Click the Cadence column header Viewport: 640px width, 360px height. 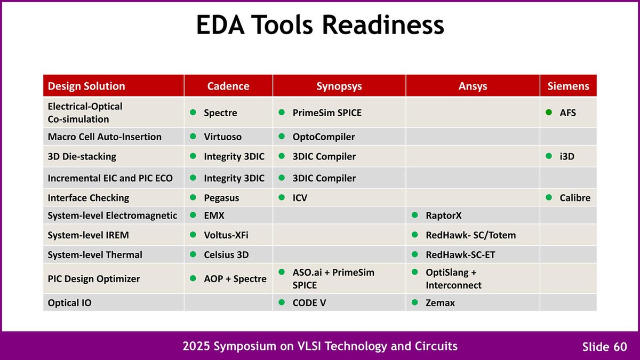pos(228,86)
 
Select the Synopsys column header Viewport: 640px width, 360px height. pos(339,86)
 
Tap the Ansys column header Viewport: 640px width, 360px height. pos(473,86)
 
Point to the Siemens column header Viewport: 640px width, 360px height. pos(568,86)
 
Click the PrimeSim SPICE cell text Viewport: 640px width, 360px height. pos(327,113)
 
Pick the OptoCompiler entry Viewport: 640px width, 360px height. pos(323,137)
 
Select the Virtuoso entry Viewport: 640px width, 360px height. pos(222,137)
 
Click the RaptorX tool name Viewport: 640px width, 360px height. pos(443,215)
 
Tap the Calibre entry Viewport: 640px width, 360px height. pos(575,198)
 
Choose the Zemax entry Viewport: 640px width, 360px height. pos(440,303)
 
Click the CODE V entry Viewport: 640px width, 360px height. pos(309,303)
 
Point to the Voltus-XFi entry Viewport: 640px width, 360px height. pos(226,235)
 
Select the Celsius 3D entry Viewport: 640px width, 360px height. pos(226,255)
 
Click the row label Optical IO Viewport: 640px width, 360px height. pos(69,303)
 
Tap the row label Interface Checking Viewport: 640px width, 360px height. pos(89,198)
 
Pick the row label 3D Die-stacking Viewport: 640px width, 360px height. pos(82,157)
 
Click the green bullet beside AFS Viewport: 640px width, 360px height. pos(549,113)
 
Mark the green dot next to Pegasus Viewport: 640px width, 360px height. pos(193,197)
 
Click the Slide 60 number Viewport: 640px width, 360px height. pos(605,347)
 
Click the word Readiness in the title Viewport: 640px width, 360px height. pos(383,25)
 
